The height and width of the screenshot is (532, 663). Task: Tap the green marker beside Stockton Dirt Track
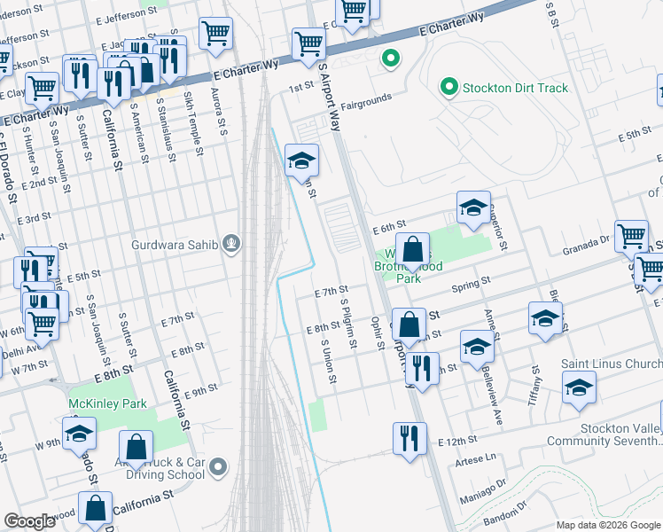[x=449, y=88]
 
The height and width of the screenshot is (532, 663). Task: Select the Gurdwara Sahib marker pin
[x=232, y=242]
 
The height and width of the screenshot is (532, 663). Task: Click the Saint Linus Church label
[x=612, y=364]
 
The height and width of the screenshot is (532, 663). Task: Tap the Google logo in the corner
[x=30, y=521]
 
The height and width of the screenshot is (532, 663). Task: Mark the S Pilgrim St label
[x=347, y=323]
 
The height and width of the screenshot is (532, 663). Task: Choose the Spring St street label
[x=471, y=284]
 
